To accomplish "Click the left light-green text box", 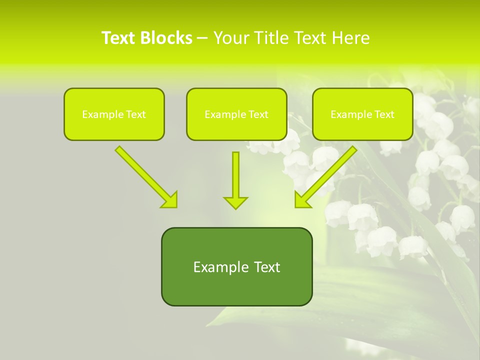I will pyautogui.click(x=114, y=114).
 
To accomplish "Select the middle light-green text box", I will pyautogui.click(x=236, y=114).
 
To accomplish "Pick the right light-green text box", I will pyautogui.click(x=362, y=114).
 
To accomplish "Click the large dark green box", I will pyautogui.click(x=236, y=266).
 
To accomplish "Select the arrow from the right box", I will pyautogui.click(x=327, y=175).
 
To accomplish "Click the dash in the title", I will pyautogui.click(x=202, y=38).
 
